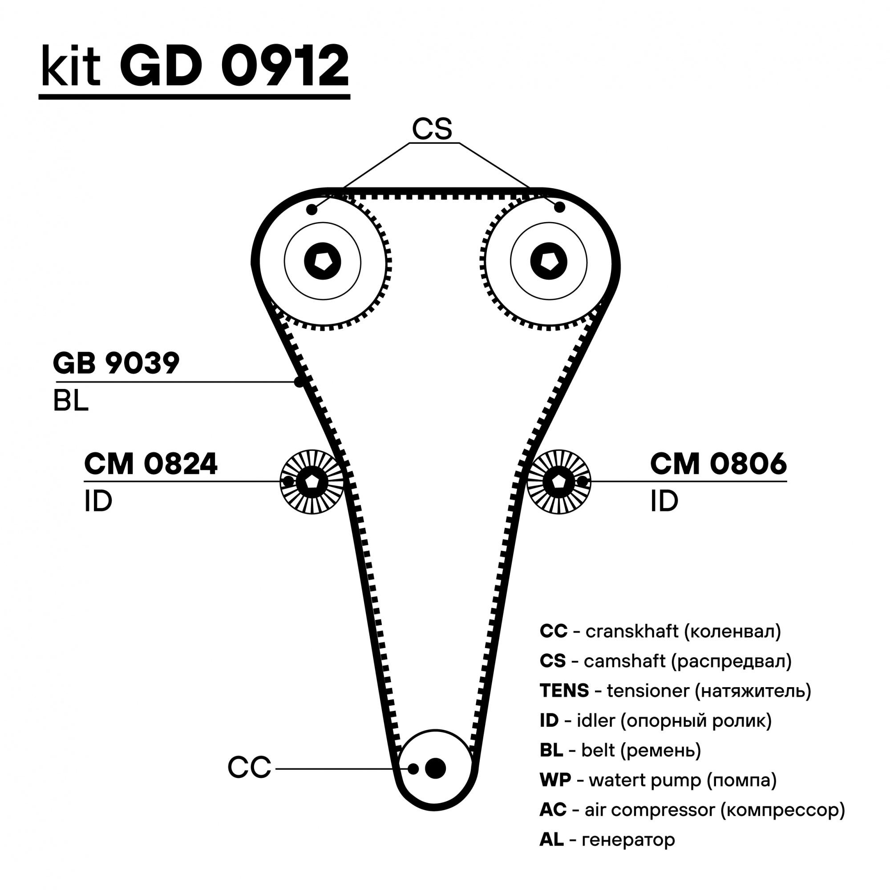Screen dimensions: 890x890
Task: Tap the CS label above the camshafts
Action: pos(432,129)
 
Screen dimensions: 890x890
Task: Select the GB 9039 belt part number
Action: pos(116,364)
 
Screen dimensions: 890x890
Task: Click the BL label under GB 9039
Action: pos(70,401)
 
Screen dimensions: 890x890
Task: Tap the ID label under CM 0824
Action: pos(98,501)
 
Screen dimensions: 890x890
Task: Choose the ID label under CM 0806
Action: pos(664,501)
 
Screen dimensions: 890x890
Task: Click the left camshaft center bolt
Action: pos(323,261)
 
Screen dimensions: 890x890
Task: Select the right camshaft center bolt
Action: pos(549,261)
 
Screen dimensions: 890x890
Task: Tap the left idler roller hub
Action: pos(312,482)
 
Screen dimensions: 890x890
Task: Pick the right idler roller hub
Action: pos(558,482)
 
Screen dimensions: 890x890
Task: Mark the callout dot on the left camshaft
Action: pos(312,210)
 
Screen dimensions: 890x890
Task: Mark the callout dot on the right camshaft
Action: pos(559,207)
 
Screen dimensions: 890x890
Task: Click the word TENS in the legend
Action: pos(564,691)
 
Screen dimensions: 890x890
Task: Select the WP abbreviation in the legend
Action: pos(555,780)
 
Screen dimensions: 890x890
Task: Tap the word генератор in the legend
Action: pos(628,839)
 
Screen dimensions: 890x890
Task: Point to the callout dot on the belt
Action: pos(299,382)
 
